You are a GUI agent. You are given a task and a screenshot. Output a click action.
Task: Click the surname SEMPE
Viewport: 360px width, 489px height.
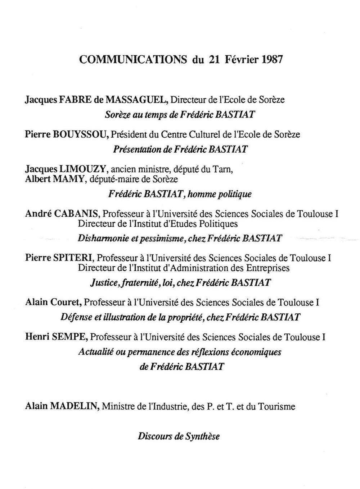71,337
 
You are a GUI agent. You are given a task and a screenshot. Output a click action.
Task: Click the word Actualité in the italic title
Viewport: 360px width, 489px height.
95,352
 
